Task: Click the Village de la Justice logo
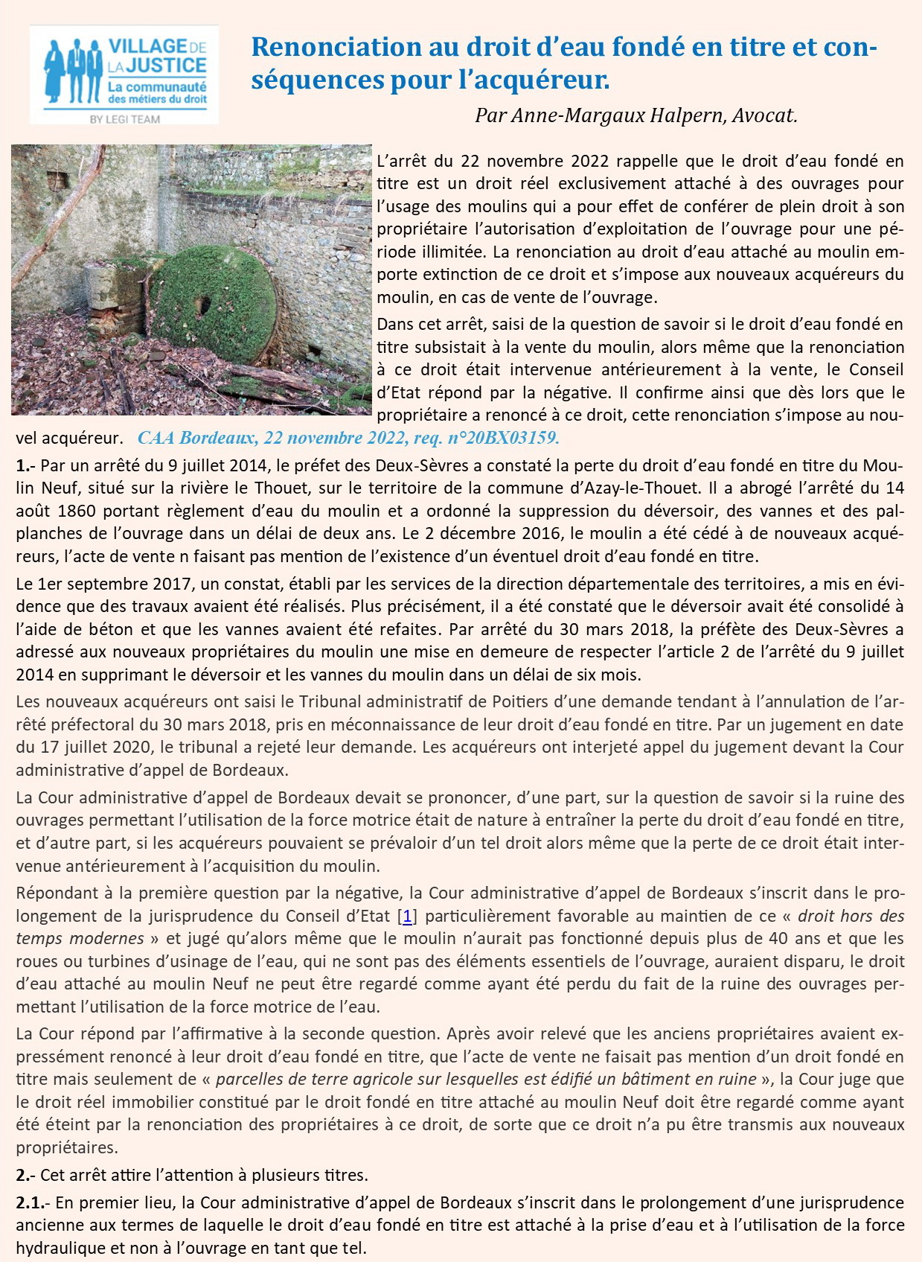tap(124, 74)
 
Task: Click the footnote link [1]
tap(409, 916)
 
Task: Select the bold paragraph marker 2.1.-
tap(34, 1202)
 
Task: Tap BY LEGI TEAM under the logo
tap(124, 119)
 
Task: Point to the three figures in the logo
tap(73, 71)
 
